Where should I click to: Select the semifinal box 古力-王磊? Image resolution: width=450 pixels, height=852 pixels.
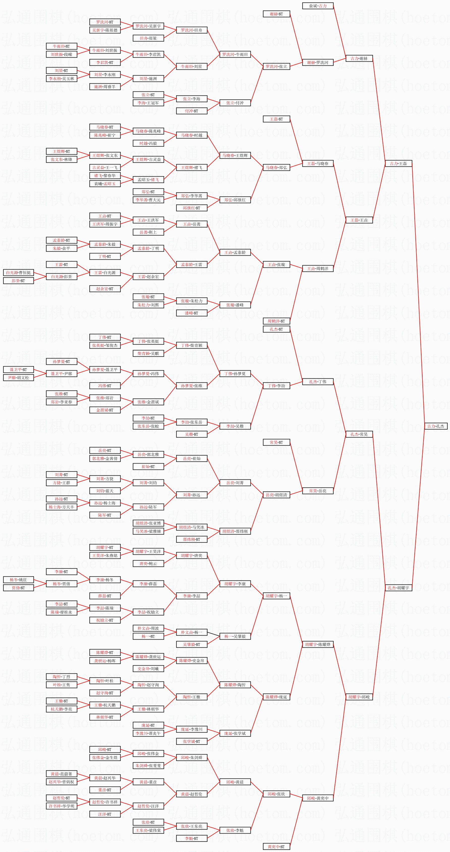[399, 163]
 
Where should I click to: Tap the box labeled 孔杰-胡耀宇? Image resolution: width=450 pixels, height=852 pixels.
[399, 588]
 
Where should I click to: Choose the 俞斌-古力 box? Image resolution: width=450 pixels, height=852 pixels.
[318, 6]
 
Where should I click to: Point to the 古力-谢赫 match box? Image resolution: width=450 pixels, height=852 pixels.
[359, 58]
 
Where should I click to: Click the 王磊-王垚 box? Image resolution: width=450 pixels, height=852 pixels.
[359, 220]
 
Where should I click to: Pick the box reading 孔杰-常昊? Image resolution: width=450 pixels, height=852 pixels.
[359, 434]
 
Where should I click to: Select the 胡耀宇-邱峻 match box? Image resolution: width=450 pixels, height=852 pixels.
[359, 697]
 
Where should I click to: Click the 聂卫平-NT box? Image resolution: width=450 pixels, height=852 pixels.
[18, 370]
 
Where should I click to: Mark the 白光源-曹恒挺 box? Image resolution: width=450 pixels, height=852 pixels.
[18, 273]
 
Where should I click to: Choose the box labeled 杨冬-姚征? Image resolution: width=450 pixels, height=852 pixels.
[18, 580]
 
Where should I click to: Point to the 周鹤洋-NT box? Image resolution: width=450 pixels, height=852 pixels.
[276, 321]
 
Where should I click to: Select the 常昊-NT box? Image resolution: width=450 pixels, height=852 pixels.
[276, 442]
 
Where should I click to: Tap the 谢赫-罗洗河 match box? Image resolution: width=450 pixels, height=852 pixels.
[318, 62]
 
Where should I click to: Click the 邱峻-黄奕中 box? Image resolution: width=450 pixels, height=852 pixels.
[318, 798]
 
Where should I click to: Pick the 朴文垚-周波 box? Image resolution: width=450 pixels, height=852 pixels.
[148, 628]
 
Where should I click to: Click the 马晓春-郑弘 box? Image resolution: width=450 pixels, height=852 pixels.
[276, 167]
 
